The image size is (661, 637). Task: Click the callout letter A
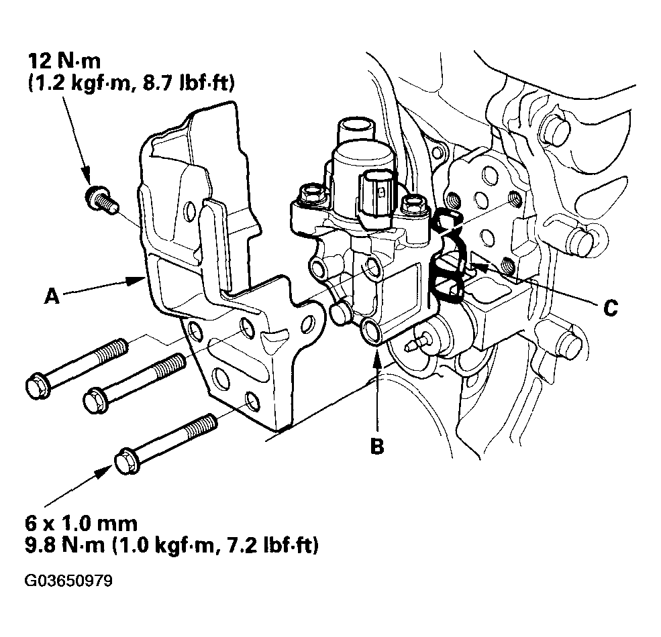pos(52,296)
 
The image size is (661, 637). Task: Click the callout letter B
pos(378,446)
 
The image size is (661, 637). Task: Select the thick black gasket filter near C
pos(446,268)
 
